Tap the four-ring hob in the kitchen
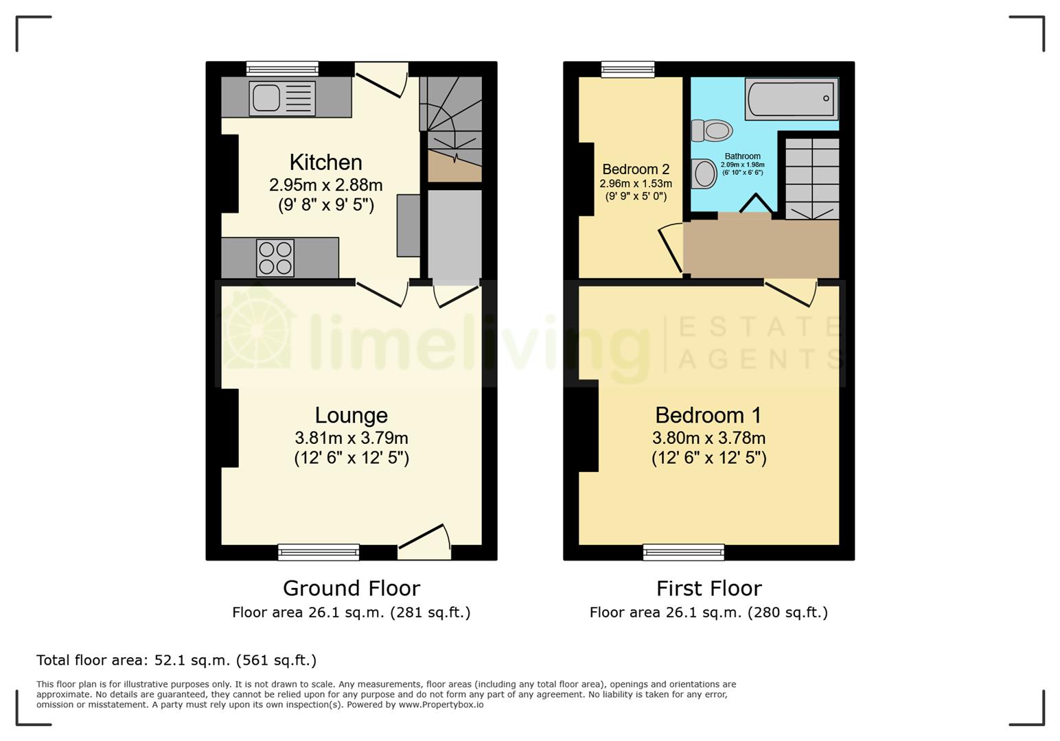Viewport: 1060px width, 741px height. tap(275, 257)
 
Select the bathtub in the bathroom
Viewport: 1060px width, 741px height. tap(792, 99)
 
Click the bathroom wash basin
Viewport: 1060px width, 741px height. tap(704, 174)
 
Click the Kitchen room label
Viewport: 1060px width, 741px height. tap(325, 163)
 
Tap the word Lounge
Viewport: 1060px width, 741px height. tap(351, 415)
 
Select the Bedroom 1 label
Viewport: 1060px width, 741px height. tap(708, 415)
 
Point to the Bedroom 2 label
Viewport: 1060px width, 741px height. tap(636, 169)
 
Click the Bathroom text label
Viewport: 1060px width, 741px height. tap(742, 156)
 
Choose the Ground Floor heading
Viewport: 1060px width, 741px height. tap(351, 589)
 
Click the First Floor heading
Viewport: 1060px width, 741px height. tap(708, 589)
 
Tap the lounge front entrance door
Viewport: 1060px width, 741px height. tap(424, 539)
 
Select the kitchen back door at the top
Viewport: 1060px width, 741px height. tap(382, 82)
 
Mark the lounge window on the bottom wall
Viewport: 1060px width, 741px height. tap(319, 552)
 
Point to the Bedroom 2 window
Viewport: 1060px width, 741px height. tap(627, 69)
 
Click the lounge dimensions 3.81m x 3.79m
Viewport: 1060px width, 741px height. tap(351, 438)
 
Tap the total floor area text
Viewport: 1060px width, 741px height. tap(176, 660)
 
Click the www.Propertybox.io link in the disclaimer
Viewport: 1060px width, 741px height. tap(441, 705)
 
